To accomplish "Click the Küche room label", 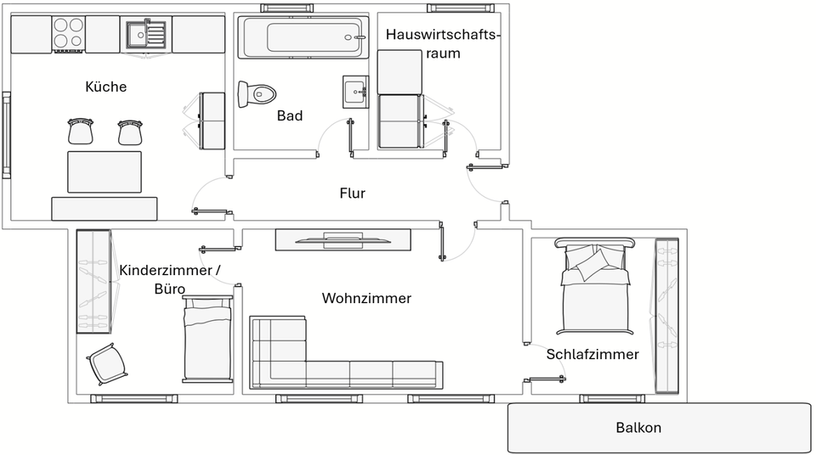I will point(106,87).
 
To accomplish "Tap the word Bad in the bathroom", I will point(290,115).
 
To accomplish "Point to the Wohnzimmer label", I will point(366,298).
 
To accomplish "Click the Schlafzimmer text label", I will point(592,354).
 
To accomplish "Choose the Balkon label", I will point(638,428).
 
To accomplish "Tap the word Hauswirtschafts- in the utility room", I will point(443,35).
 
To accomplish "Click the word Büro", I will point(169,289).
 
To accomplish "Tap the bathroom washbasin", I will point(354,89).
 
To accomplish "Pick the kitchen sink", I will point(145,35).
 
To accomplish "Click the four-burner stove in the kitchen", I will point(69,34).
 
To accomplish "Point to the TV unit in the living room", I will point(342,239).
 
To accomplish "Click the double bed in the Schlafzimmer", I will point(595,289).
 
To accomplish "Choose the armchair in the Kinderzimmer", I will point(107,363).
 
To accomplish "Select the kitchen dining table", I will point(104,172).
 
